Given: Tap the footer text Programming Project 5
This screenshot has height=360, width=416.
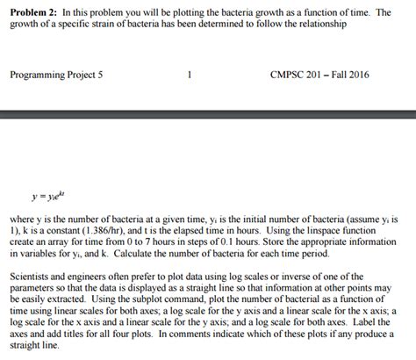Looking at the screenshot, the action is pyautogui.click(x=56, y=75).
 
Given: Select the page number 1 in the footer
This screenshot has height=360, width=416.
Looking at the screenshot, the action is pyautogui.click(x=190, y=75).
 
